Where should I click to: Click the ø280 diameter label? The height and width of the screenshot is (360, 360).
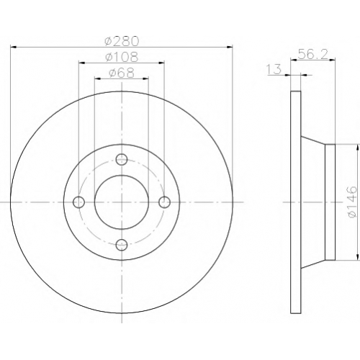122,41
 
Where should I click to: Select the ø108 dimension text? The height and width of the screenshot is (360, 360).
122,57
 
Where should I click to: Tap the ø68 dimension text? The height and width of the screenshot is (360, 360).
122,73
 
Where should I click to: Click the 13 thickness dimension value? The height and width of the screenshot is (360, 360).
274,69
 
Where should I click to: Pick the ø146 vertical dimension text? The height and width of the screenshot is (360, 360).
354,202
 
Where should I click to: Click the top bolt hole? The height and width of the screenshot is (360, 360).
122,159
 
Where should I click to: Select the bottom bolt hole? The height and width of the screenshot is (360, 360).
122,245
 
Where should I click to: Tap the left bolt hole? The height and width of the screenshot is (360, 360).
78,202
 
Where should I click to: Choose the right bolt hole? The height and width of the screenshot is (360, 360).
165,202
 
